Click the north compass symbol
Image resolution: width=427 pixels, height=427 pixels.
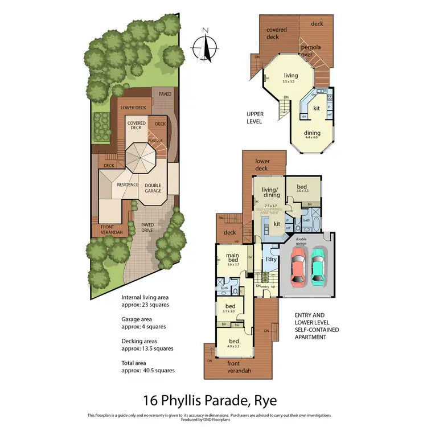coord(206,47)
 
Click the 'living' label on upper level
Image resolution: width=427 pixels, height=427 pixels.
coord(291,76)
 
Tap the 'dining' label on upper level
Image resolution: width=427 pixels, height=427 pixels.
coord(312,133)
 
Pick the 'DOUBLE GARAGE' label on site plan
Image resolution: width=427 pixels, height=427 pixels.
coord(153,188)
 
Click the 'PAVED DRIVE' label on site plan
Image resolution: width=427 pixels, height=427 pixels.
coord(151,227)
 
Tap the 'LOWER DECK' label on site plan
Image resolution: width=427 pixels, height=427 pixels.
coord(133,108)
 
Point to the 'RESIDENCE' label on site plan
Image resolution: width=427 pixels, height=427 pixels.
coord(128,185)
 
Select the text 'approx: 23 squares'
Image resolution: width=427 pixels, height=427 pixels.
coord(145,305)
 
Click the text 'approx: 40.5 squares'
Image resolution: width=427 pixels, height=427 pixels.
coord(148,370)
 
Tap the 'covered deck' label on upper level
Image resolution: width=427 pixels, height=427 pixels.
coord(276,33)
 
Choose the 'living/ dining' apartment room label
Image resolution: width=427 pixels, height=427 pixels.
coord(269,192)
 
